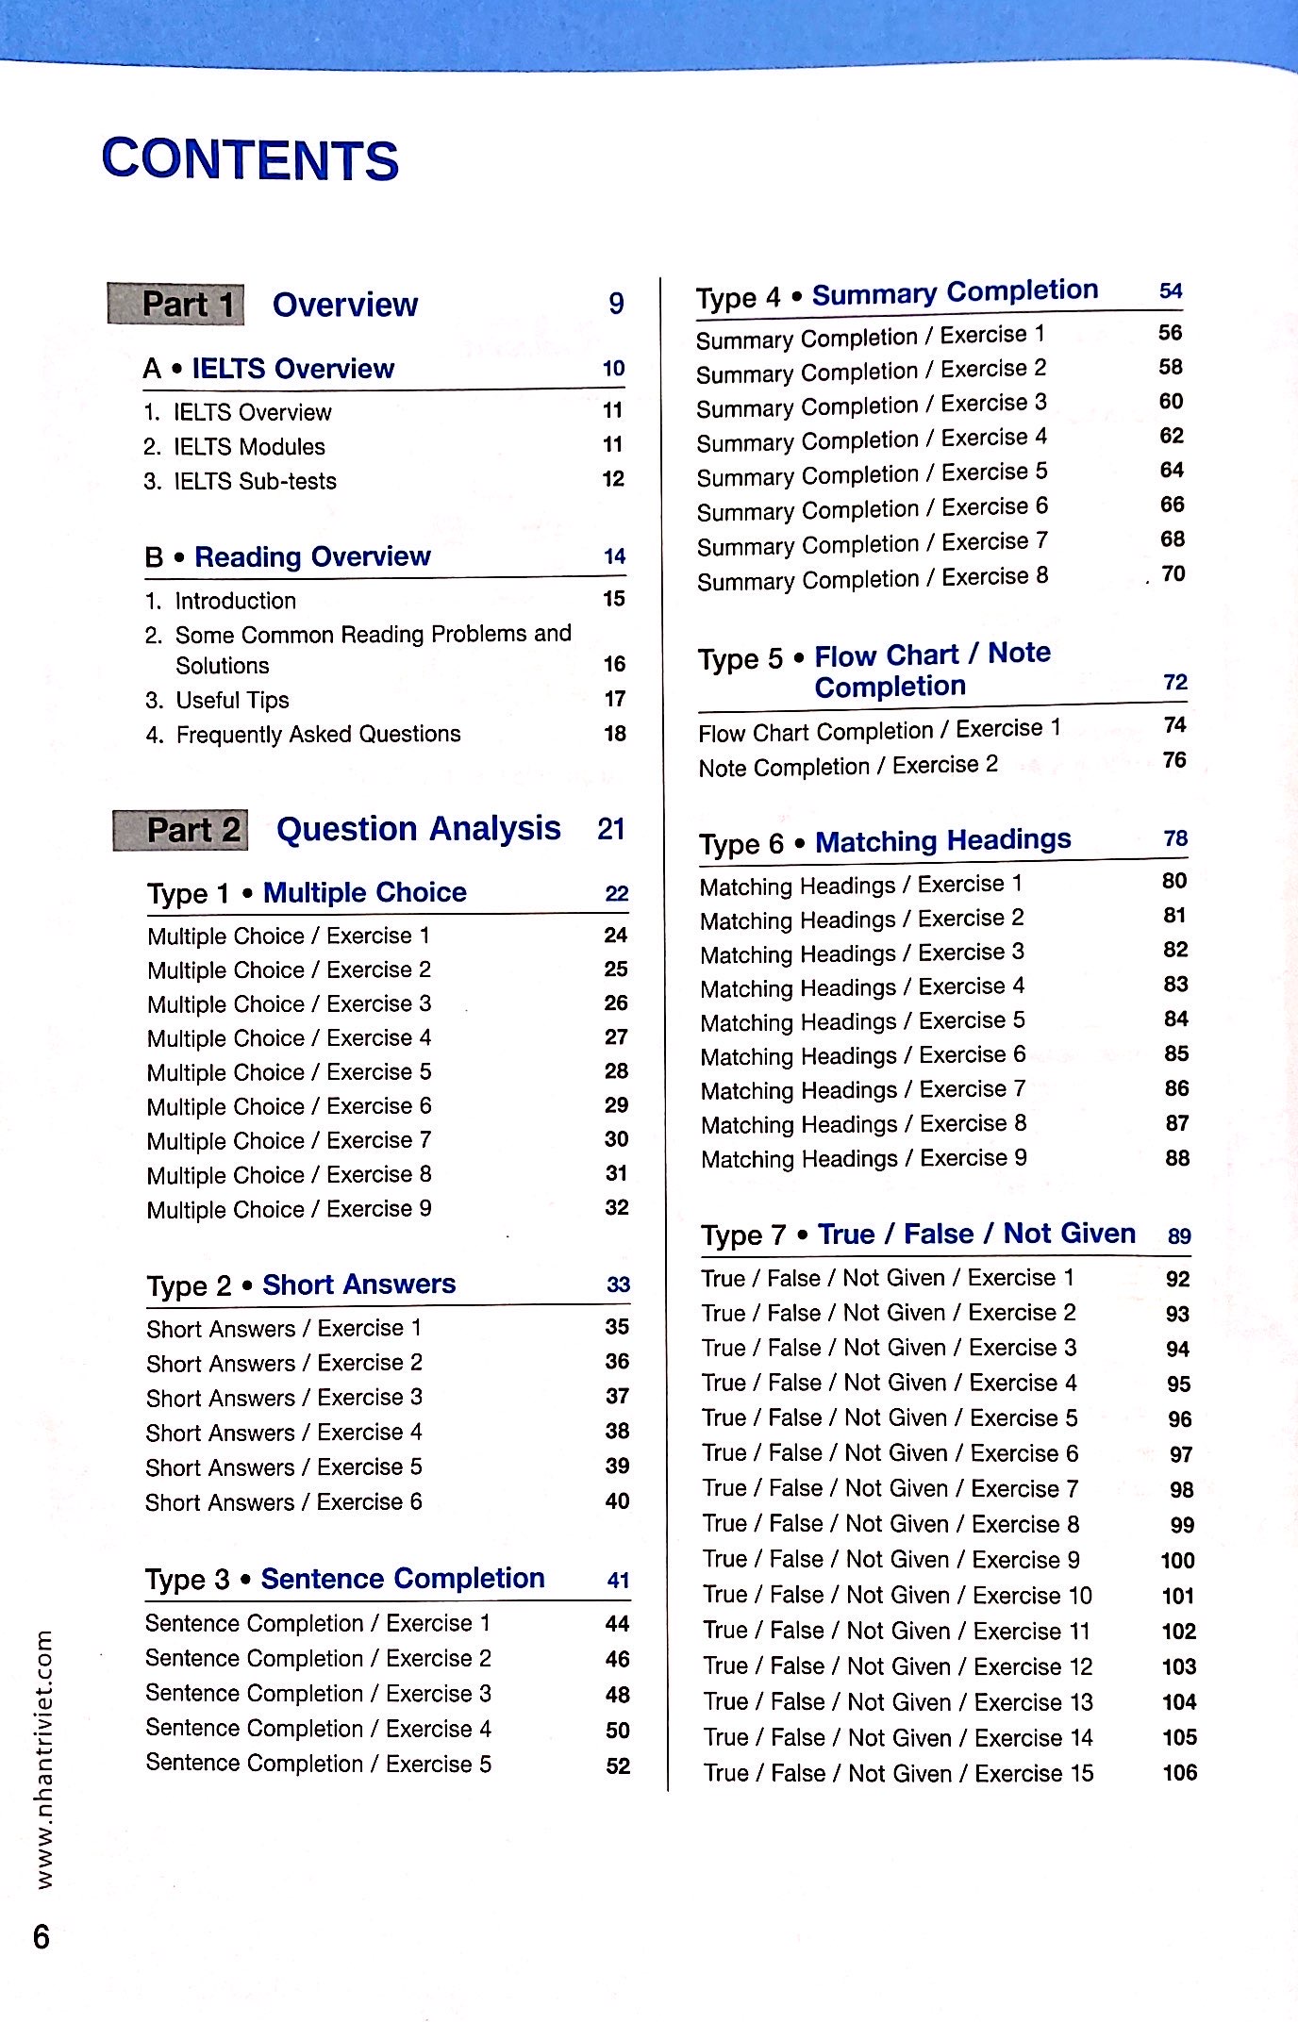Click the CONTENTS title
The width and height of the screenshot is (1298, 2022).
tap(250, 159)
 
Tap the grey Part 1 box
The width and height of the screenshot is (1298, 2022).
tap(176, 305)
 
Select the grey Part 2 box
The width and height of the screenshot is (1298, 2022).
tap(181, 830)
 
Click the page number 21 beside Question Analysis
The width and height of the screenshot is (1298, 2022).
tap(611, 829)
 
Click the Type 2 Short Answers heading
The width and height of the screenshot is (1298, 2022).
tap(301, 1284)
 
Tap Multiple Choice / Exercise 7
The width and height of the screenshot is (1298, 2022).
tap(289, 1140)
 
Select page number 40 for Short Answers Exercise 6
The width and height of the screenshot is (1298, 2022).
tap(617, 1500)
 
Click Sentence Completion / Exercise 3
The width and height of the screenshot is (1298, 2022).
tap(318, 1693)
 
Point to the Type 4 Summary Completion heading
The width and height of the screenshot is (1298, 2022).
tap(897, 294)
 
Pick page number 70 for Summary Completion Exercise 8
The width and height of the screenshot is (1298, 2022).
tap(1173, 573)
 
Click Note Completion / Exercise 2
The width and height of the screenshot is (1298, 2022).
tap(848, 766)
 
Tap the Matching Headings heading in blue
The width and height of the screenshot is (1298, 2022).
tap(942, 840)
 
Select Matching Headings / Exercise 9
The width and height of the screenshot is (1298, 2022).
tap(864, 1158)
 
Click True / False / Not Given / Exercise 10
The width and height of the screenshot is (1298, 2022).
tap(897, 1595)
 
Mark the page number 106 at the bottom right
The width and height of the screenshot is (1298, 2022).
tap(1179, 1772)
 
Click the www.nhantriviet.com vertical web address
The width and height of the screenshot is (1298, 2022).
tap(43, 1759)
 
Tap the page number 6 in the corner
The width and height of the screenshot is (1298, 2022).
tap(42, 1937)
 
